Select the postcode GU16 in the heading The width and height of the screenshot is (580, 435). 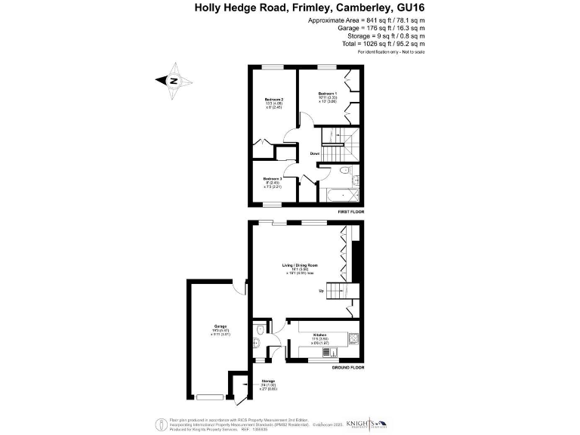409,8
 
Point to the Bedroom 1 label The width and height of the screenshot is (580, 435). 327,93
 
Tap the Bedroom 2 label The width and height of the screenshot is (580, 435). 273,99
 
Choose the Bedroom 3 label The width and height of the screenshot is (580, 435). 272,178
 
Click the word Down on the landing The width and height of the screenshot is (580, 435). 315,154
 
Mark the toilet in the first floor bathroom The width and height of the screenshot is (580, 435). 344,174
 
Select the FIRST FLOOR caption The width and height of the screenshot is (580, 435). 350,212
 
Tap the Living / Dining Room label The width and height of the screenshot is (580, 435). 298,265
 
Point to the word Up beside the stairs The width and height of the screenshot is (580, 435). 321,290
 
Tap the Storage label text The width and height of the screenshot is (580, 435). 268,381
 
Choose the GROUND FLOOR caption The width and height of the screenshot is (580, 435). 348,367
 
